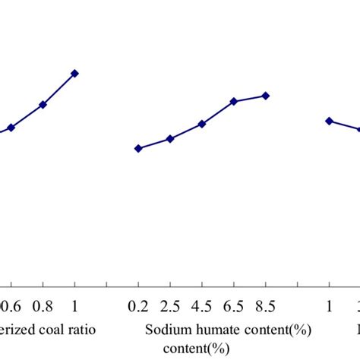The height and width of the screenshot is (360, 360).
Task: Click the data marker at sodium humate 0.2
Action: tap(137, 149)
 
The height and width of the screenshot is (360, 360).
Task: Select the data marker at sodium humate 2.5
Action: tap(169, 139)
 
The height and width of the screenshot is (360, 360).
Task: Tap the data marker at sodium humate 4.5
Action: tap(201, 123)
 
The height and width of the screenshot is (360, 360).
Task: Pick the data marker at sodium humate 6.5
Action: tap(234, 101)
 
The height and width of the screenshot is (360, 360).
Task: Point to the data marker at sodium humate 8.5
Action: tap(265, 96)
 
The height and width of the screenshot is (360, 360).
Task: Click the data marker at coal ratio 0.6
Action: tap(11, 128)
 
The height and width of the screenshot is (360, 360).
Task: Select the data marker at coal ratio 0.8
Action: tap(43, 105)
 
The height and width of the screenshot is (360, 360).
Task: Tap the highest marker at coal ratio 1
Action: tap(74, 73)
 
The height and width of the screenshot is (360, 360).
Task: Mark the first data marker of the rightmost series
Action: tap(329, 121)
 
